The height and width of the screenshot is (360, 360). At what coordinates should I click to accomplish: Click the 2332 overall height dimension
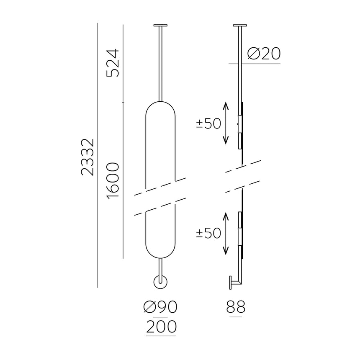(88, 157)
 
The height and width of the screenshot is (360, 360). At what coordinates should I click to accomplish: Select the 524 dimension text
(113, 63)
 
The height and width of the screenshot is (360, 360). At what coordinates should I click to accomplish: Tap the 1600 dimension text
(113, 180)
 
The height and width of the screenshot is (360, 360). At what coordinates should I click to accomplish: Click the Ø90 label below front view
(160, 308)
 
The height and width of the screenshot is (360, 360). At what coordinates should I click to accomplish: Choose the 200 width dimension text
(161, 327)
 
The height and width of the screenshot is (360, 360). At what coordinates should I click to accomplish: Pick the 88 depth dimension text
(236, 308)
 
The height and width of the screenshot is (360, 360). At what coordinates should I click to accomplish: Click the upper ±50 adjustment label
(208, 124)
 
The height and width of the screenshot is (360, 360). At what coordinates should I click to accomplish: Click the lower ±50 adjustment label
(208, 234)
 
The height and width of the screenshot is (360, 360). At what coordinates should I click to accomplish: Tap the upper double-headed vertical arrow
(226, 123)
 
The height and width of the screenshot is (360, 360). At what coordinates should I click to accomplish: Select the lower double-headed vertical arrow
(226, 234)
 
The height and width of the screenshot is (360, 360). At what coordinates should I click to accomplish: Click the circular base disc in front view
(161, 283)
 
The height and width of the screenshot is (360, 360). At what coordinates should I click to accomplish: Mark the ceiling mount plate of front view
(161, 26)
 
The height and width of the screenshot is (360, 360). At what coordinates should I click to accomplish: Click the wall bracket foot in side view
(231, 283)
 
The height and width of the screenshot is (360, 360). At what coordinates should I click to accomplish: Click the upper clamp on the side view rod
(240, 124)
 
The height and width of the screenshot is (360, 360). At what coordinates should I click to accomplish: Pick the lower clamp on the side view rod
(240, 233)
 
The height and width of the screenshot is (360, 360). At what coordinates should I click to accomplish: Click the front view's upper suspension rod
(161, 63)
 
